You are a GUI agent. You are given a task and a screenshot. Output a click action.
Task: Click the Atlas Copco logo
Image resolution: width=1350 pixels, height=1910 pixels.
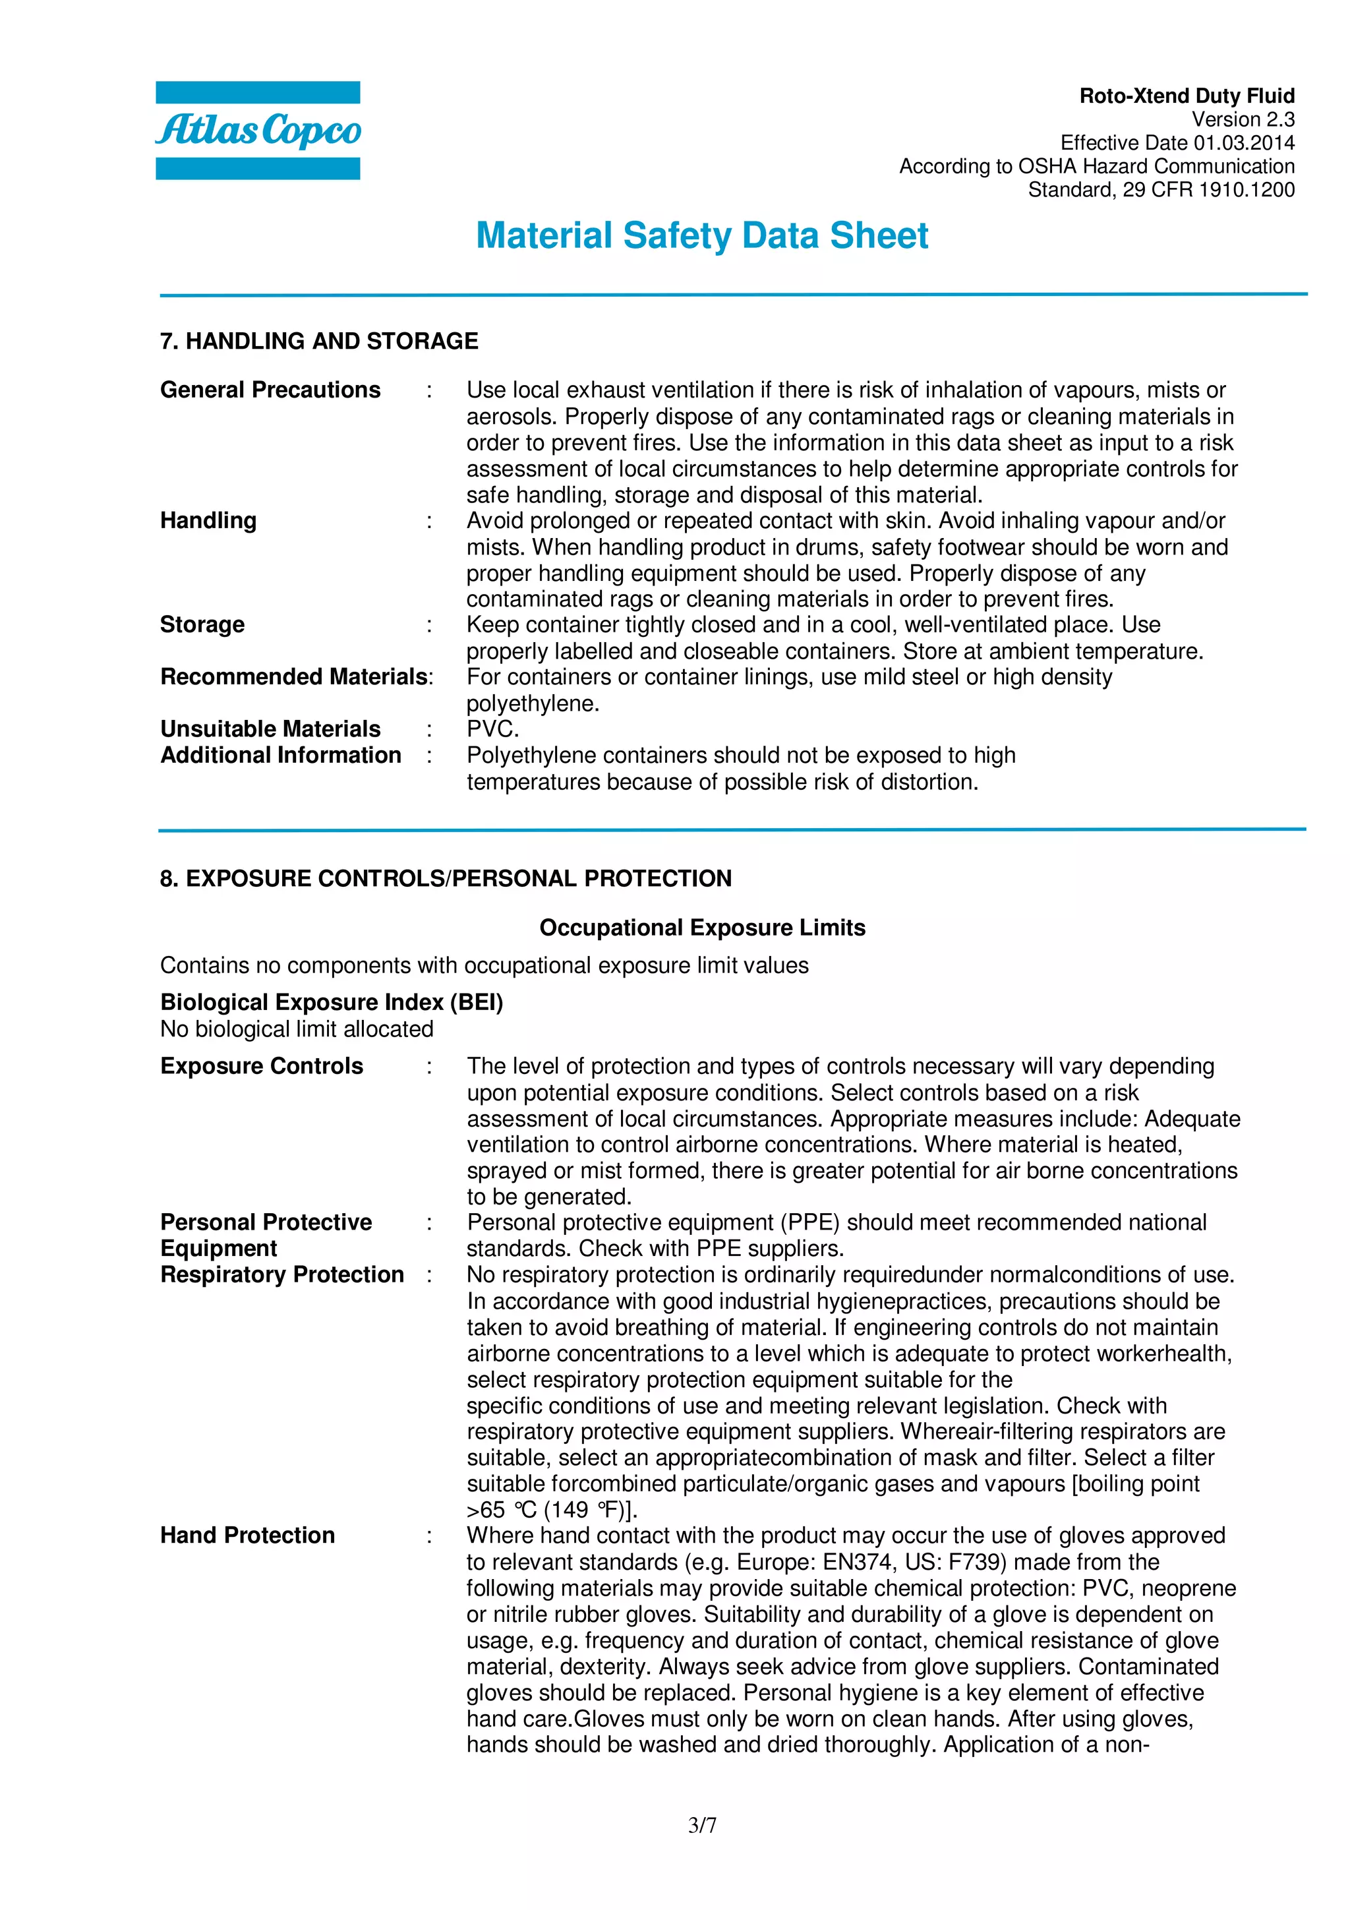(258, 131)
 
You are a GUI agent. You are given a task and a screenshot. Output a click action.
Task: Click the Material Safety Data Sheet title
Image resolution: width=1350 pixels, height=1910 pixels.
(701, 235)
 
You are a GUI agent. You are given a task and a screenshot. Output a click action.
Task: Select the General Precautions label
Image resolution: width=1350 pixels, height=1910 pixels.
(270, 390)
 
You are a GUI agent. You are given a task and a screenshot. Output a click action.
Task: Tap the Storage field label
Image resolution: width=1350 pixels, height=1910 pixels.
(202, 625)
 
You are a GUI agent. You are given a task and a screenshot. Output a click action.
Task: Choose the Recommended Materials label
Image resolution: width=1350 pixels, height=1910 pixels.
(295, 677)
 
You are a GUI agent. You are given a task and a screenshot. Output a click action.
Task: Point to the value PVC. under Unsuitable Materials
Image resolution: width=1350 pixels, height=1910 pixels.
(492, 730)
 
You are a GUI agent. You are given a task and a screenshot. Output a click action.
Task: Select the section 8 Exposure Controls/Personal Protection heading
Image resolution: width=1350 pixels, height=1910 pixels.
(446, 878)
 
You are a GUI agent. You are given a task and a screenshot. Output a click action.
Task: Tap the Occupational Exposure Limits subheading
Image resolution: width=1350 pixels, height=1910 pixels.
(702, 928)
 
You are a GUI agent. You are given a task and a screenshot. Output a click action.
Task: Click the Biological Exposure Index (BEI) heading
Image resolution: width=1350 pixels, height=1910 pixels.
(331, 1002)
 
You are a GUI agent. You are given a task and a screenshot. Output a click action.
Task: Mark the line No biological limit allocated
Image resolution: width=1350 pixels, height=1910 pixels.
(297, 1029)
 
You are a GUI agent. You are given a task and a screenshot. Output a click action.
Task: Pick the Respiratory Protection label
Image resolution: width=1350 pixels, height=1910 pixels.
(282, 1274)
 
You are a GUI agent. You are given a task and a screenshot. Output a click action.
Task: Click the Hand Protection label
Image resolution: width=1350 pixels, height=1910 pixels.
(247, 1536)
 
